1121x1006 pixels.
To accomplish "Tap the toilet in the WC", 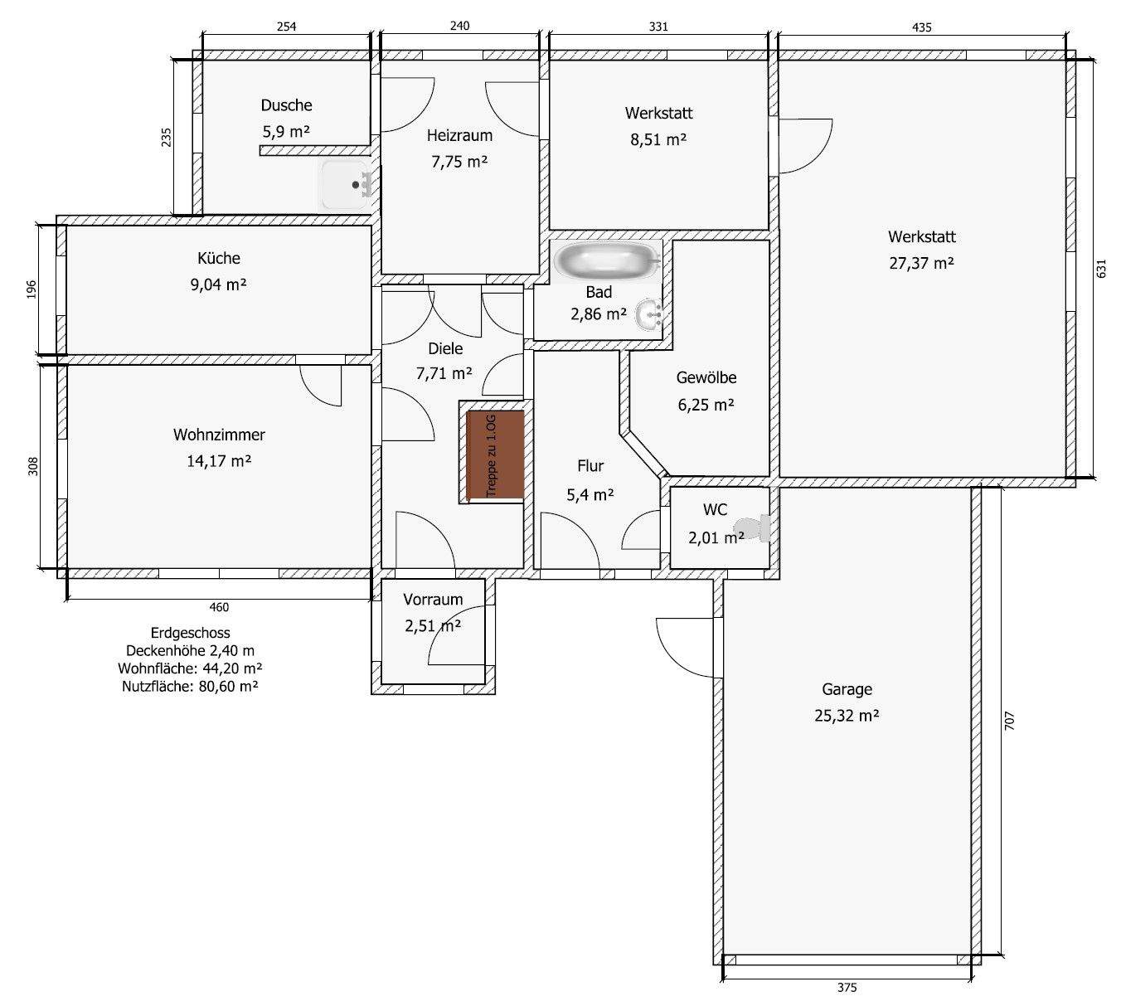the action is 753,528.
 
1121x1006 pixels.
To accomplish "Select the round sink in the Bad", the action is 648,314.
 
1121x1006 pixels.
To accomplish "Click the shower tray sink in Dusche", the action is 347,185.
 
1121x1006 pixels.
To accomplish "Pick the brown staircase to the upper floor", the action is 495,454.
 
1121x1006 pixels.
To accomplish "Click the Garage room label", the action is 847,689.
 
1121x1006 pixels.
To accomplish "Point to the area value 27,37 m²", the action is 921,264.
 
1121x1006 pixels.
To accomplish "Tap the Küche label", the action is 219,259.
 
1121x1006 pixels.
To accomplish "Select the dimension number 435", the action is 921,27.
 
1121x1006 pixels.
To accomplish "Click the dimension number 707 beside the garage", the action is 1009,721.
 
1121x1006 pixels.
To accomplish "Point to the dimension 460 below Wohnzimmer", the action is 219,607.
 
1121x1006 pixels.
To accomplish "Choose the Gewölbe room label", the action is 706,378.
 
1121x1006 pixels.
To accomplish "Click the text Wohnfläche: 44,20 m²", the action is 190,668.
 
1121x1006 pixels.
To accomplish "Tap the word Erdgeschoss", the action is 191,633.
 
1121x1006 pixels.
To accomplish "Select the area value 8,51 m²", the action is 658,139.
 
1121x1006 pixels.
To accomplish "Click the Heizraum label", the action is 459,135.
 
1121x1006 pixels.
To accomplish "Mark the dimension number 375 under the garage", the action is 847,987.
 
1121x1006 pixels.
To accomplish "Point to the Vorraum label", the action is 433,600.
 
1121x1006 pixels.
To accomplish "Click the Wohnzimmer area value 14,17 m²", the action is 219,461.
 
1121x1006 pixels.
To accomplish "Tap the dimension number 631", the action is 1100,269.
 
